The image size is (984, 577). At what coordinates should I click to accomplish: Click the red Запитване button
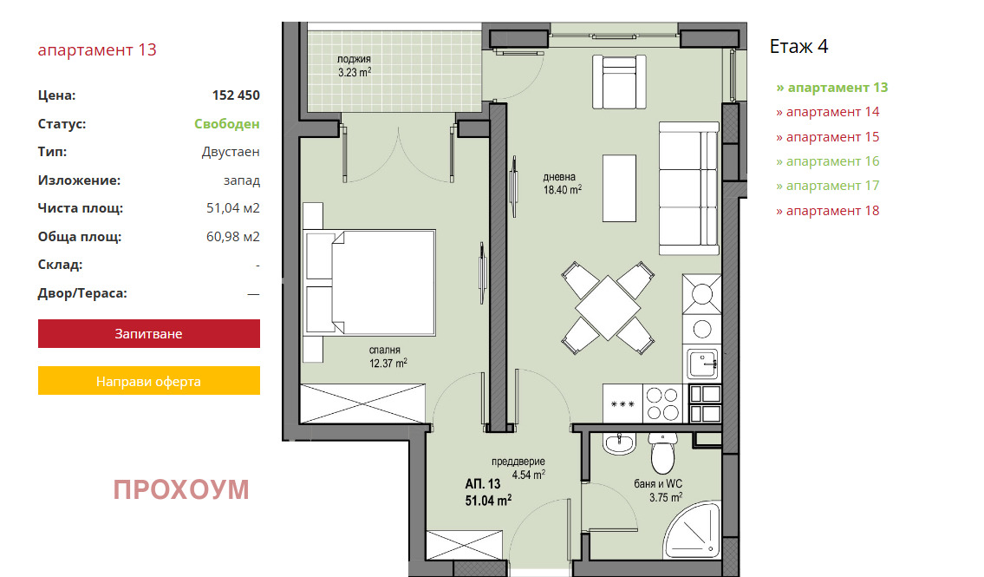149,333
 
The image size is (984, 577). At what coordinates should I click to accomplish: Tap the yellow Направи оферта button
149,381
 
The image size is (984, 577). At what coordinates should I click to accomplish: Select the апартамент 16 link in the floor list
828,161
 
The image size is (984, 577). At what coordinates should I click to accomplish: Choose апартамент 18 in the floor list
828,211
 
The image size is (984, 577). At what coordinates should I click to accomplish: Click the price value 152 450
236,95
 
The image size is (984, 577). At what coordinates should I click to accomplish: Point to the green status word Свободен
226,124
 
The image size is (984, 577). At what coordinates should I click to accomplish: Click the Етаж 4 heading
798,47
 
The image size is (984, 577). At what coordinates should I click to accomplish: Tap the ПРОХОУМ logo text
181,489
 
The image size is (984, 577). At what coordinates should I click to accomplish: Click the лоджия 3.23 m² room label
355,66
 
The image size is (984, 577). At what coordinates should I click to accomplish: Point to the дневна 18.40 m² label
563,183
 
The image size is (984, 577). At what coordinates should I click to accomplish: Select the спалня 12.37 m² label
388,357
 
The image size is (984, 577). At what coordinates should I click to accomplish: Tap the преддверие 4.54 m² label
518,469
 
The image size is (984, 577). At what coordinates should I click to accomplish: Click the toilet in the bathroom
662,452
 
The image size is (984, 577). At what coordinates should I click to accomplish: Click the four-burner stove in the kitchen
663,403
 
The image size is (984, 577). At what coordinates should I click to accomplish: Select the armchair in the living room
619,82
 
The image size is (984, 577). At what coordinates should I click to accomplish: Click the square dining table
608,308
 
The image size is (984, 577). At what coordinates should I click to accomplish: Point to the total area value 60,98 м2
233,237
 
